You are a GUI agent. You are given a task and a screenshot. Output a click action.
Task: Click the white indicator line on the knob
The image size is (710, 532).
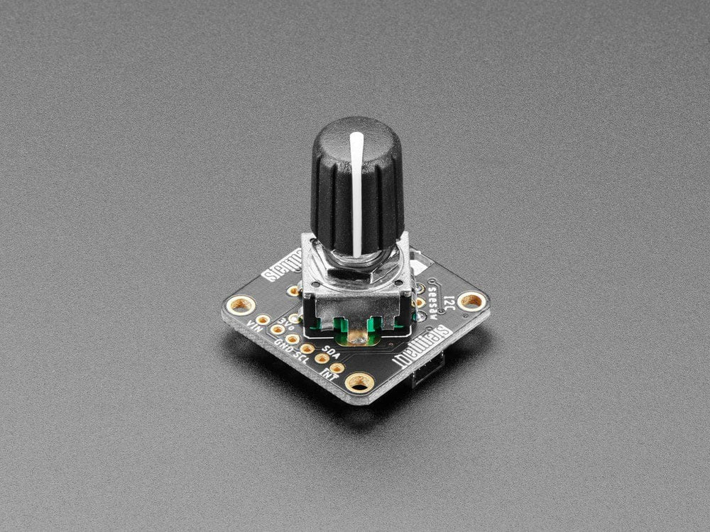[x=356, y=192]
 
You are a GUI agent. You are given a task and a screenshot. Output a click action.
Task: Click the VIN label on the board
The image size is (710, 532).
[x=253, y=327]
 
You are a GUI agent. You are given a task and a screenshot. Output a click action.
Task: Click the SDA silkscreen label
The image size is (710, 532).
[x=331, y=350]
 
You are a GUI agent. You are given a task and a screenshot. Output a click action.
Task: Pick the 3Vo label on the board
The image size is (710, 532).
[x=286, y=324]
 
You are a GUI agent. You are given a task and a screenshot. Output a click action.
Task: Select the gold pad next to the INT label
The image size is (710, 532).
[x=337, y=367]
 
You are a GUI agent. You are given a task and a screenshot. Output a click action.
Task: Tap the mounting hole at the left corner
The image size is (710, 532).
[x=241, y=305]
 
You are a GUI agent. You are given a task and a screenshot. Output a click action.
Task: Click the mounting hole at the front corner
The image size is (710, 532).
[x=359, y=383]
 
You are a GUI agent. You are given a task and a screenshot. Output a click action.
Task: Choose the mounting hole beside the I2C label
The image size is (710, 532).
[x=471, y=301]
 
